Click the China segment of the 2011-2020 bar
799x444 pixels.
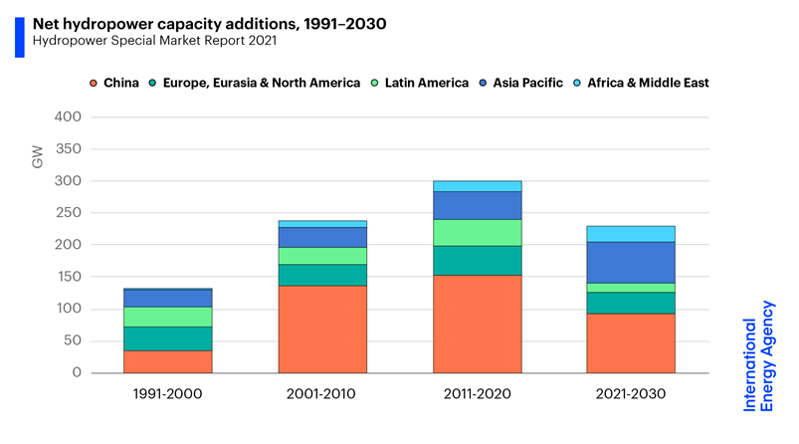pos(477,324)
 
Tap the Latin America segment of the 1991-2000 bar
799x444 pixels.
pos(167,317)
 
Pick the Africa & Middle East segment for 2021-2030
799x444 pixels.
pos(631,234)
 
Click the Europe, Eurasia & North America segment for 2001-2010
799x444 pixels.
pos(322,275)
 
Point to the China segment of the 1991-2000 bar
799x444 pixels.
pos(167,361)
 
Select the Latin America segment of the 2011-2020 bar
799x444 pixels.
pos(477,232)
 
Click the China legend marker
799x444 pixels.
pos(94,83)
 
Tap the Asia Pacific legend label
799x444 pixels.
pos(527,83)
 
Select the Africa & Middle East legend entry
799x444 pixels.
pos(648,83)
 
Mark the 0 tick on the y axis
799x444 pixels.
pos(75,372)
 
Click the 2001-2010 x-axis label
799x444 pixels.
pos(322,394)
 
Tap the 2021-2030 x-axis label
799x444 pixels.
pos(631,394)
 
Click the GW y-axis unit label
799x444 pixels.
pos(37,155)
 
